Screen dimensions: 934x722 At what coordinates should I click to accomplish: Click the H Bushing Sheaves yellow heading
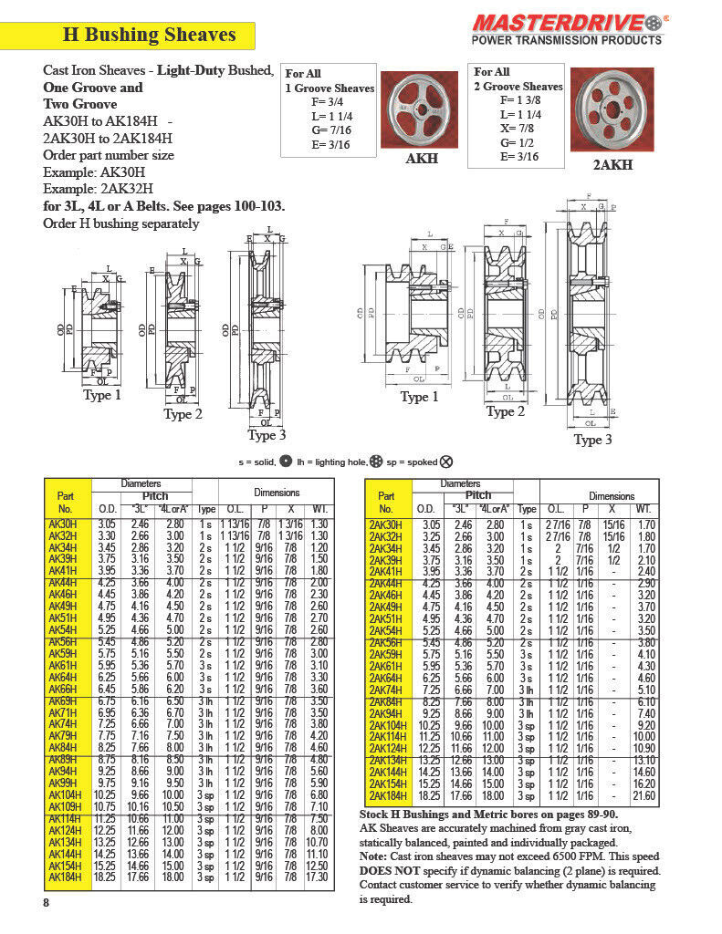(149, 36)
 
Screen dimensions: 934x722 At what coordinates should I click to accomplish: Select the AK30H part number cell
(63, 524)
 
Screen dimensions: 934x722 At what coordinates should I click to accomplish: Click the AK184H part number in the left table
(64, 877)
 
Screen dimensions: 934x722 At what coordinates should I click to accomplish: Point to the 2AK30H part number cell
(386, 524)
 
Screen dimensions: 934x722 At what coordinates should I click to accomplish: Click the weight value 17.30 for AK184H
(319, 877)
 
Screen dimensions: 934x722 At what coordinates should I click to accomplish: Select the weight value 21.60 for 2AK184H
(644, 795)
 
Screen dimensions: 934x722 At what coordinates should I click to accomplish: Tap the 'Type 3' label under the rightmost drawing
(592, 440)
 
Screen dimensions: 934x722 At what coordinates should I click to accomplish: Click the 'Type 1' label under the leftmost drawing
(102, 395)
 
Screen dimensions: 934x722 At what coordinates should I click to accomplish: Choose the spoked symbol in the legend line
(445, 462)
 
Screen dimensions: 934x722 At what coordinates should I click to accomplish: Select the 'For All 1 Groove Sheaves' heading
(330, 81)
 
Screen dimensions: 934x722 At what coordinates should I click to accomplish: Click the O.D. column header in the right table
(425, 508)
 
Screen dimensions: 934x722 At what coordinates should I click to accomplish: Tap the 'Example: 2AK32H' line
(95, 189)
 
